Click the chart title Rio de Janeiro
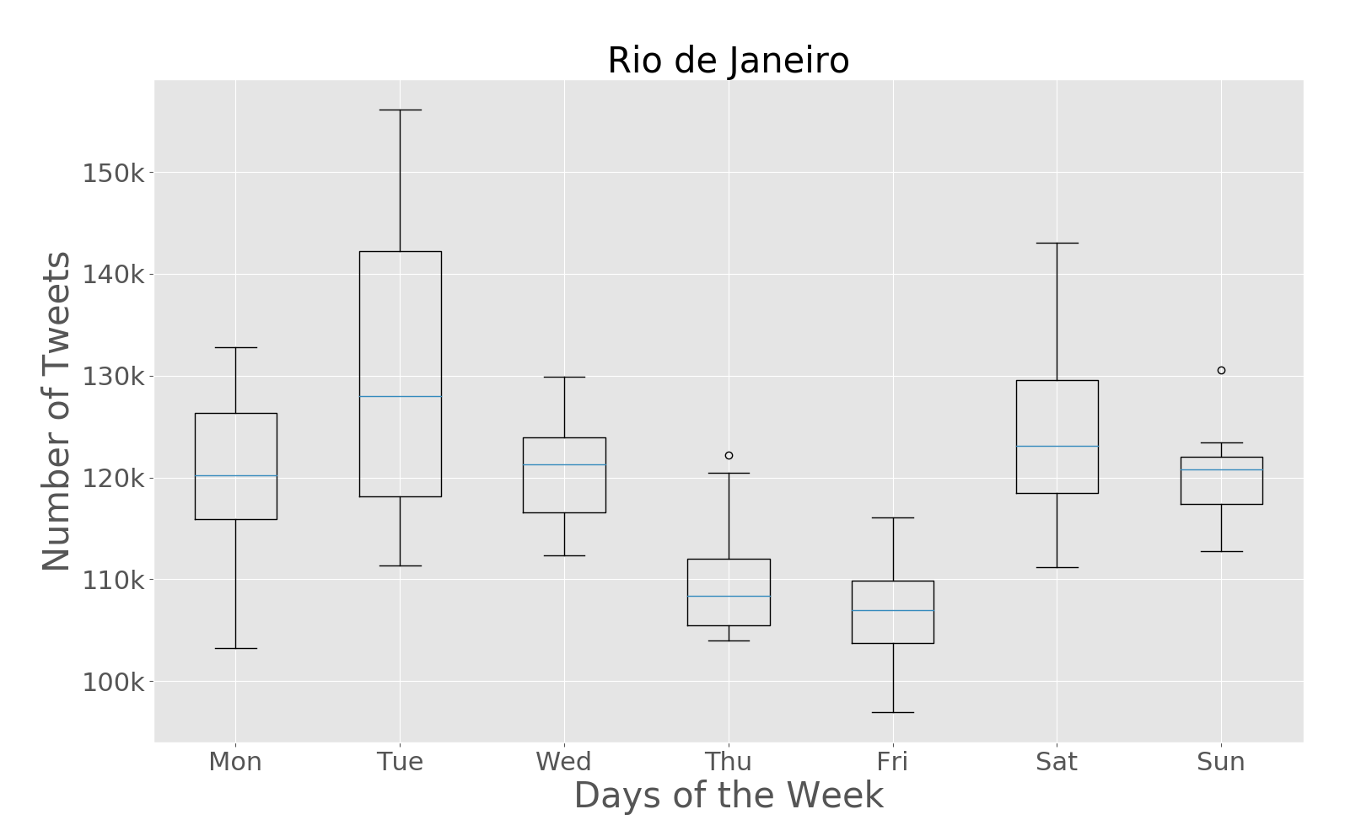(728, 61)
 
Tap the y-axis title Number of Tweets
(56, 411)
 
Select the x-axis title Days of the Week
(728, 796)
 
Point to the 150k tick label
(114, 174)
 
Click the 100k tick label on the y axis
(114, 682)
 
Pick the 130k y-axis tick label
(114, 377)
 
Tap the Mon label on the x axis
(235, 762)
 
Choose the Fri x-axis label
(892, 762)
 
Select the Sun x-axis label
(1220, 762)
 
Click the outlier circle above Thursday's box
(729, 455)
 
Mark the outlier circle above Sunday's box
(1221, 370)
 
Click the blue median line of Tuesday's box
(400, 396)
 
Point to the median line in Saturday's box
(1057, 446)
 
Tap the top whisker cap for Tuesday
(400, 110)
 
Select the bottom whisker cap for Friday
(892, 712)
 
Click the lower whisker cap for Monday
(235, 648)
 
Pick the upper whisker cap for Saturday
(1057, 243)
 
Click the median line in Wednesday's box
(564, 464)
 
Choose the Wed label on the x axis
(563, 762)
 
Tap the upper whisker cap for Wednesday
(564, 377)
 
